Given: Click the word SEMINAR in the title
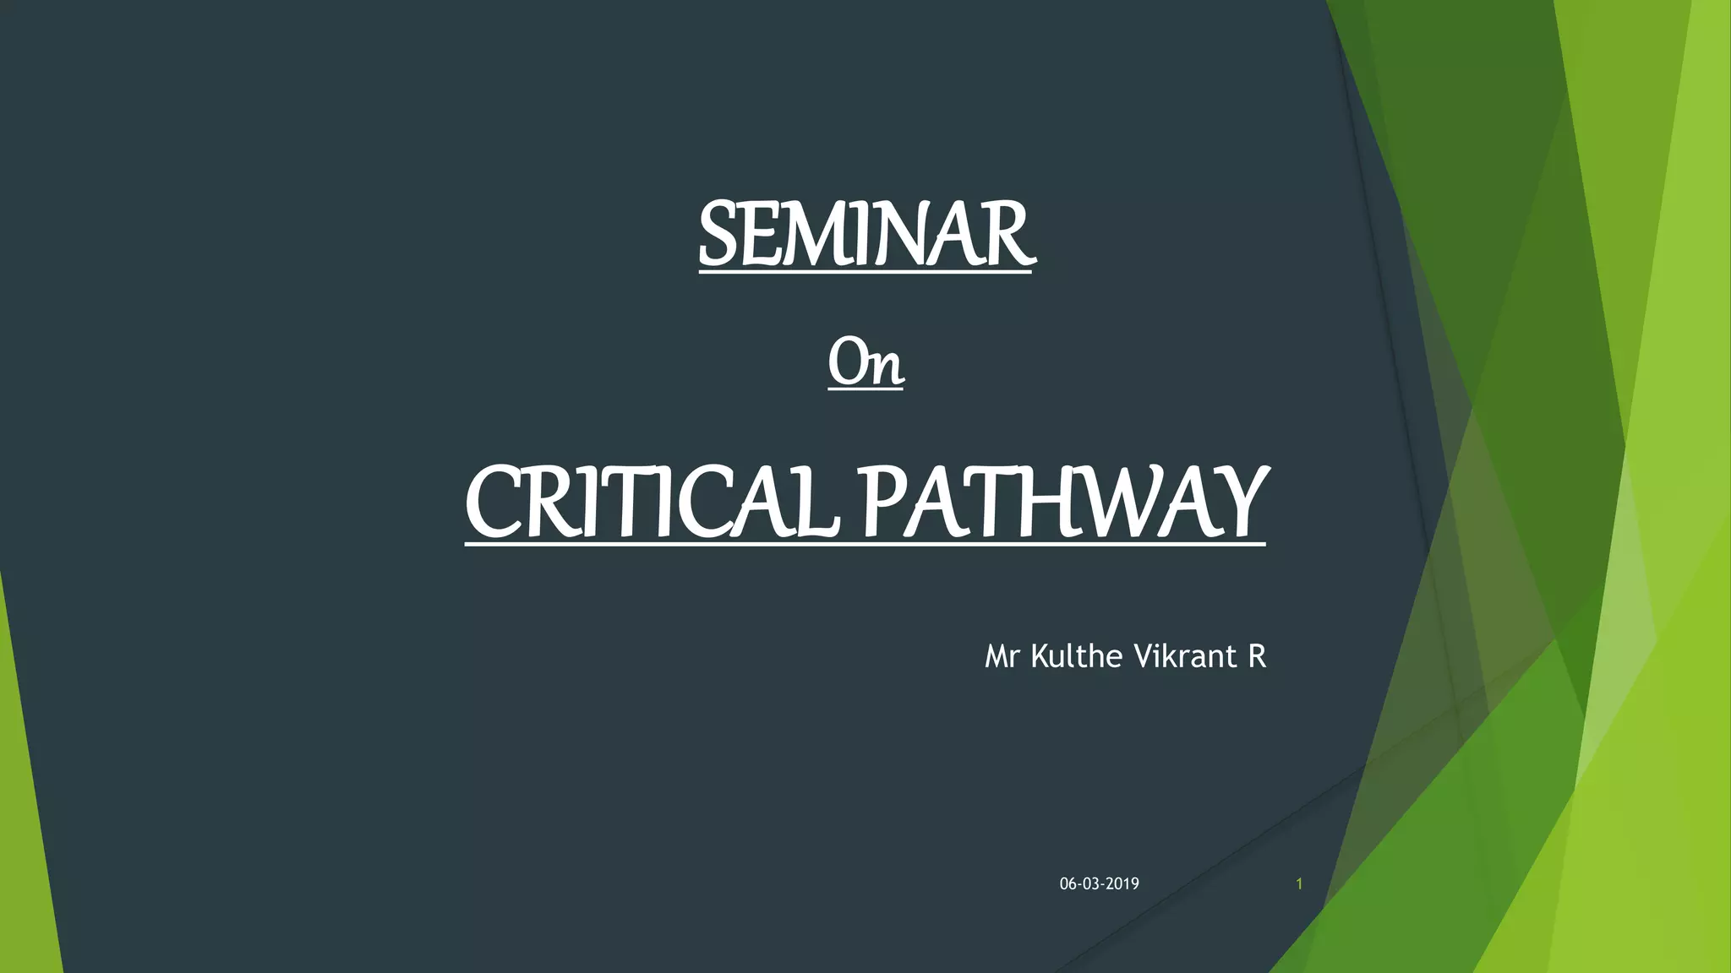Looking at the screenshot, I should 865,234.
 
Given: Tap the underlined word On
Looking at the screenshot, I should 865,363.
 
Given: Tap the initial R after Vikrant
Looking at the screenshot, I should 1256,656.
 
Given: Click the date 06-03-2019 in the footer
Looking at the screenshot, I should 1099,884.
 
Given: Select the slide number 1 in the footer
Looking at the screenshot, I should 1299,884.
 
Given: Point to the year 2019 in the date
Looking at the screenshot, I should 1122,884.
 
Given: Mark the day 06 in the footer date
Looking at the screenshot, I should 1068,884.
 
